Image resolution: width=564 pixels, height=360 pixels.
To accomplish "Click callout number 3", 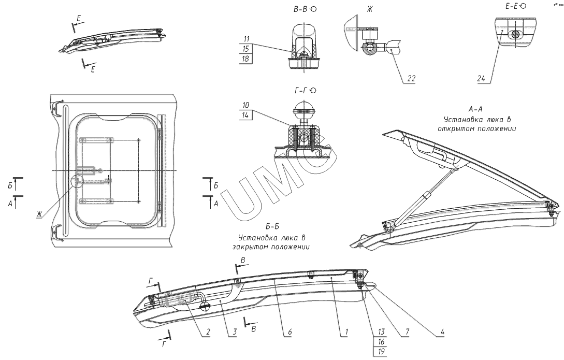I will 235,330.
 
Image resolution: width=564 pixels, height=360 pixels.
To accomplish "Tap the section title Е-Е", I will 508,6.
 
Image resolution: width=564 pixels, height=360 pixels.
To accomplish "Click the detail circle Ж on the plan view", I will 77,181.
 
